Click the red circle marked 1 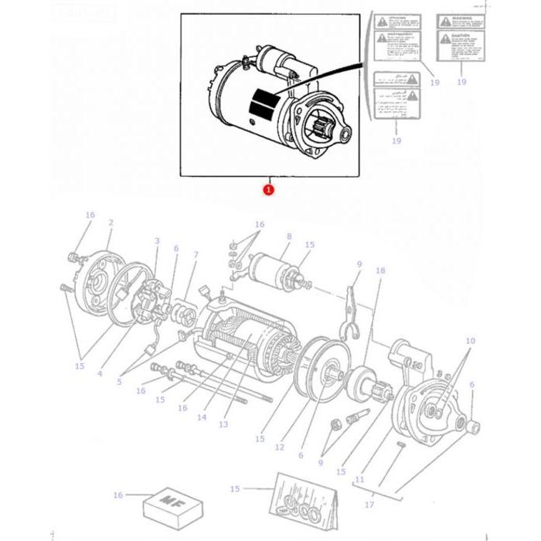[268, 189]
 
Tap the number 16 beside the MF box [117, 495]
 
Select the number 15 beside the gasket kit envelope [235, 488]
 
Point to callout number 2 [111, 223]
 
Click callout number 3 [157, 241]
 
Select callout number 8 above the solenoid [288, 236]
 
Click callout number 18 [379, 270]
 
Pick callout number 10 [470, 341]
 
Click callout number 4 [100, 374]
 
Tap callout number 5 [119, 382]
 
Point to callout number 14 [202, 417]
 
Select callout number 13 [223, 424]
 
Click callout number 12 [279, 447]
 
